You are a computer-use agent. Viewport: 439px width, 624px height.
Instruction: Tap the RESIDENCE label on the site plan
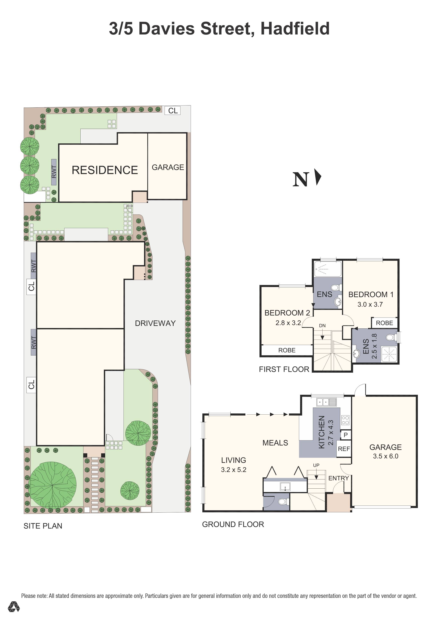point(105,170)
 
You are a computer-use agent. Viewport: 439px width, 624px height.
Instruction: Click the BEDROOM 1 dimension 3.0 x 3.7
point(370,304)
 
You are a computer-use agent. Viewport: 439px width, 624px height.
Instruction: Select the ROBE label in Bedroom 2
point(287,350)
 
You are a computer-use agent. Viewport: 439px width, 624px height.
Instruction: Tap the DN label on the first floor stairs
point(322,326)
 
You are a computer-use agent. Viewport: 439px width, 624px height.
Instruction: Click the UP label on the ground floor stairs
point(316,465)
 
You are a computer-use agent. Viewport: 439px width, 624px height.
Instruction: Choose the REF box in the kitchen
point(344,449)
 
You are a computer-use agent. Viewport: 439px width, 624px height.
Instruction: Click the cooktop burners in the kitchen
point(345,420)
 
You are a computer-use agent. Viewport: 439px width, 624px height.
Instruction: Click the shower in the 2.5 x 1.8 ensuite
point(389,354)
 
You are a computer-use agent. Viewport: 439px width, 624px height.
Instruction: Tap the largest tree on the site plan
point(53,485)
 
